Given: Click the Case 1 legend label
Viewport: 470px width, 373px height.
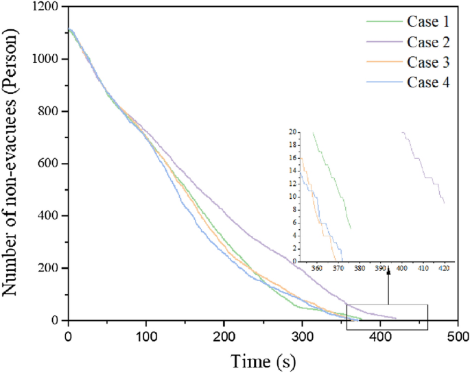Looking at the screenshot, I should click(x=432, y=22).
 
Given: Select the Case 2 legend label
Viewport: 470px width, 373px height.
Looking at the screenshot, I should click(x=432, y=43).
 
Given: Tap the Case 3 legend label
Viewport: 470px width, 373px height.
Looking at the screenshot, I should click(x=432, y=63).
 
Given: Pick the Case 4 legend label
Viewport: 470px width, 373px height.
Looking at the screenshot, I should click(x=432, y=84).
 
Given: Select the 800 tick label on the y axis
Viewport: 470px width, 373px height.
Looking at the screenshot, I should click(x=49, y=112).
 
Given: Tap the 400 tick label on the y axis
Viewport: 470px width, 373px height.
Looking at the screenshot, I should click(x=49, y=216).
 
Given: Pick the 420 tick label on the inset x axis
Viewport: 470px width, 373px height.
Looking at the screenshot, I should click(x=444, y=269).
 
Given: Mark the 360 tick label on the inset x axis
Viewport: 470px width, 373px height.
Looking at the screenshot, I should click(x=316, y=269).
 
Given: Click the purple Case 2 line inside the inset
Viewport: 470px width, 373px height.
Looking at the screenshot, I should click(x=425, y=171).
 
